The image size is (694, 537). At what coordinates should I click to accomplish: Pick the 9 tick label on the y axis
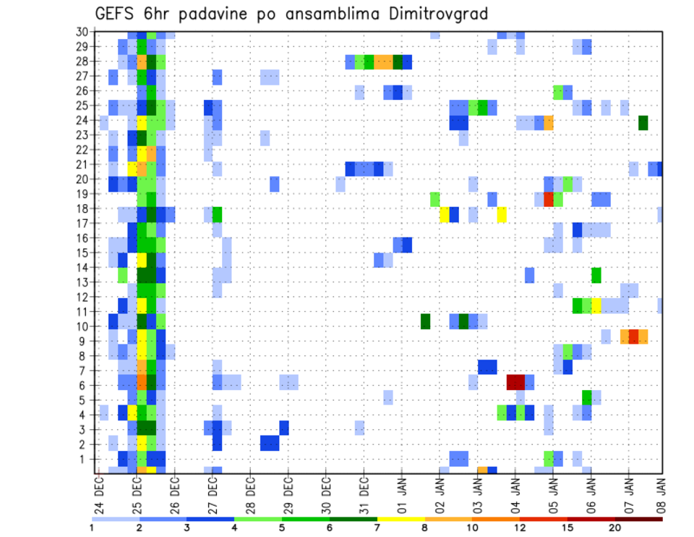point(85,341)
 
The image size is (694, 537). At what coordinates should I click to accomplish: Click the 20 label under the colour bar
point(615,528)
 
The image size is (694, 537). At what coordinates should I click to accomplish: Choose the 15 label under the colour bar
point(567,528)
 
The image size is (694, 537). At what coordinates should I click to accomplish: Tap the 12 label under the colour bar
point(520,528)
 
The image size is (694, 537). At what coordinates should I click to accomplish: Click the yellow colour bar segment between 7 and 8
point(401,518)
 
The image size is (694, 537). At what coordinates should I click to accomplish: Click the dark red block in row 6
point(515,381)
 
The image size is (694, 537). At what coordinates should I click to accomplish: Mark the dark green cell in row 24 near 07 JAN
point(643,122)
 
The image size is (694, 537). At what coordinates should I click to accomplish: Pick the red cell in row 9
point(634,337)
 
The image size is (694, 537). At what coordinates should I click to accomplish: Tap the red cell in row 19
point(548,199)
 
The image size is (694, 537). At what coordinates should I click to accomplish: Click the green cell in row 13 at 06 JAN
point(596,274)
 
